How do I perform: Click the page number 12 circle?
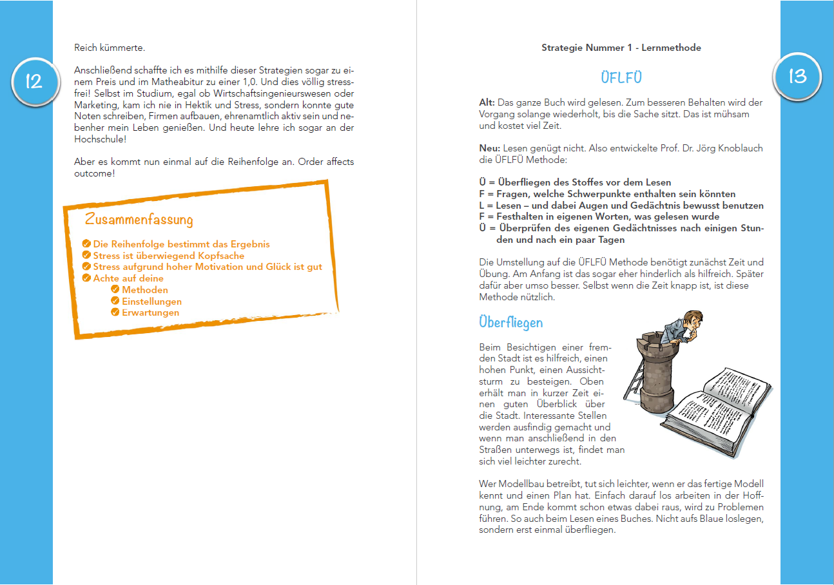point(34,81)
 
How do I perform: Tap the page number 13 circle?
point(797,76)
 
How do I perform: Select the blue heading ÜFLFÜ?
point(621,78)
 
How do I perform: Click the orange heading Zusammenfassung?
point(139,219)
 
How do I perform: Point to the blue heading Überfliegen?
point(511,321)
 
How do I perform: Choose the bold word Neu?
point(490,148)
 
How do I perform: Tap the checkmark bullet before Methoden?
point(115,290)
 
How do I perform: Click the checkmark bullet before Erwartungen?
point(115,312)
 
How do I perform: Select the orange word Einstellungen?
point(151,302)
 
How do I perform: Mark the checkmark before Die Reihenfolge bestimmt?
point(86,244)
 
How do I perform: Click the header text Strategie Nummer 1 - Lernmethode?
point(621,48)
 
